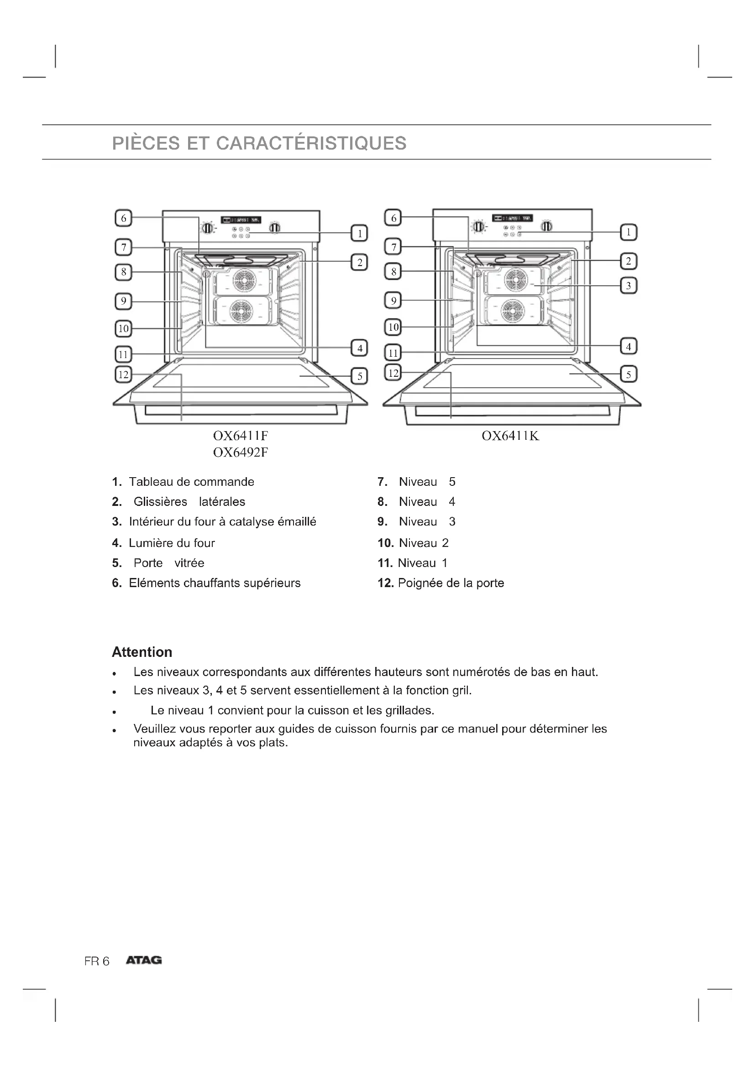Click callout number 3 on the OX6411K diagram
coord(629,285)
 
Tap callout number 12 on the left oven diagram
coord(123,374)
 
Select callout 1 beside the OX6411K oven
coord(629,232)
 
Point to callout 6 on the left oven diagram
coord(123,218)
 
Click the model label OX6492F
coord(241,452)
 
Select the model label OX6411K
coord(510,436)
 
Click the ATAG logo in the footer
coord(144,960)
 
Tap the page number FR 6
coord(97,961)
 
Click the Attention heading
coord(142,652)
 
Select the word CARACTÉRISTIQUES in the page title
coord(311,143)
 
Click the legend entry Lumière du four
coord(172,543)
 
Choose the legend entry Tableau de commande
coord(191,481)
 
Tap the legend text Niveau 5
coord(427,481)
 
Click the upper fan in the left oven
coord(242,280)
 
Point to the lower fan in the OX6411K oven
coord(513,311)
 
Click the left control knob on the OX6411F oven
coord(207,228)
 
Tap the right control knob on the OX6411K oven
coord(547,226)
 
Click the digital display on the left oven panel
coord(241,219)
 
